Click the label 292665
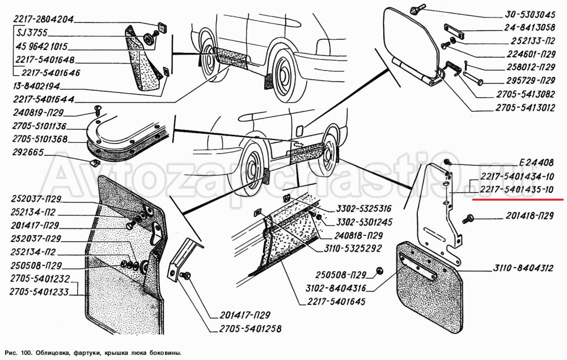[x=28, y=153]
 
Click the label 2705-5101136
[x=41, y=126]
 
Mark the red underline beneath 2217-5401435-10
[x=517, y=200]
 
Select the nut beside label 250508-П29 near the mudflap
[x=380, y=274]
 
